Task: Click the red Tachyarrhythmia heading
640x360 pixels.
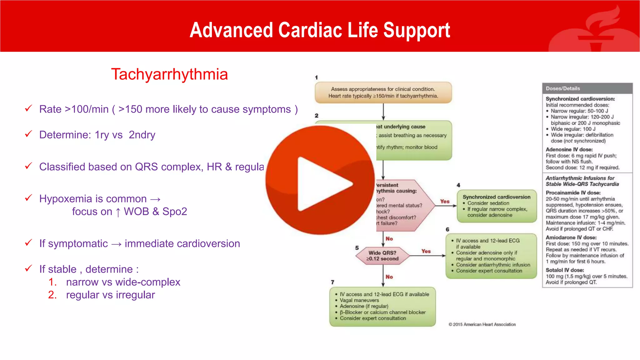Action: click(x=169, y=74)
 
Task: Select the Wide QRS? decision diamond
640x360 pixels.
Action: click(x=382, y=256)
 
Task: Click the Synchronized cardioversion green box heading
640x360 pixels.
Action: click(x=496, y=197)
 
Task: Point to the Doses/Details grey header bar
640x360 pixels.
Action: click(x=587, y=88)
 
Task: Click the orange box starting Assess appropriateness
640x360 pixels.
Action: click(x=383, y=92)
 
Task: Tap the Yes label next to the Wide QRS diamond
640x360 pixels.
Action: click(x=426, y=251)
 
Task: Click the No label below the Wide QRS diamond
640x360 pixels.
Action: click(x=389, y=277)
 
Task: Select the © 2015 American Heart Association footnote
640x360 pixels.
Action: click(x=482, y=324)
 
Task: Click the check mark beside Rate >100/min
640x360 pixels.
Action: click(x=28, y=108)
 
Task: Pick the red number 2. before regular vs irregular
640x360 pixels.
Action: click(x=52, y=295)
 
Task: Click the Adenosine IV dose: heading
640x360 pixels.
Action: click(x=569, y=149)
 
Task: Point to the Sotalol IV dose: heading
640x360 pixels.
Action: click(x=565, y=270)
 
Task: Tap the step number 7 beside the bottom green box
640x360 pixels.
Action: click(x=332, y=282)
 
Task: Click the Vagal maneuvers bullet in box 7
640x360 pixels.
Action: click(x=359, y=300)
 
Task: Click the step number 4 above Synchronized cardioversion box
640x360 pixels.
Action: click(x=458, y=185)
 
